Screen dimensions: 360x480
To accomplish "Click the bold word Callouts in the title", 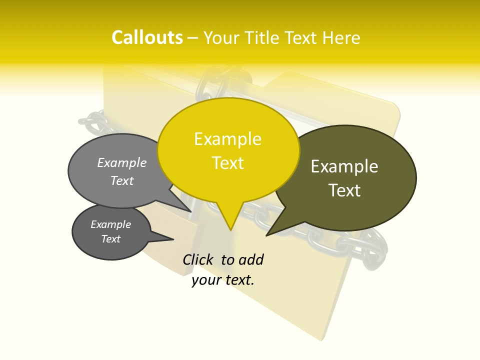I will pyautogui.click(x=147, y=37).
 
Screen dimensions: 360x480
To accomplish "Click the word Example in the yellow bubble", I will pyautogui.click(x=227, y=139).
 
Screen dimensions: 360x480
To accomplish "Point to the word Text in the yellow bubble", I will pyautogui.click(x=228, y=163).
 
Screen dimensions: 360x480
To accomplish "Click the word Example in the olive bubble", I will pyautogui.click(x=344, y=166).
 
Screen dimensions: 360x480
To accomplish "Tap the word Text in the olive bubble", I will pyautogui.click(x=344, y=190).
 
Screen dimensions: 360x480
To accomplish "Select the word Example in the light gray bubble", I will pyautogui.click(x=122, y=163).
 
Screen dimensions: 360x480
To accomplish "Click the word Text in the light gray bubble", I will pyautogui.click(x=122, y=181).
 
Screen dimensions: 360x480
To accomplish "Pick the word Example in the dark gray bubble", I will pyautogui.click(x=110, y=224).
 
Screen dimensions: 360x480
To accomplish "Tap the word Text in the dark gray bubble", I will pyautogui.click(x=110, y=239).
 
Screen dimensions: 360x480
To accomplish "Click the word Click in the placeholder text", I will pyautogui.click(x=198, y=259).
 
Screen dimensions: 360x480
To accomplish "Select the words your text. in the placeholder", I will pyautogui.click(x=223, y=280).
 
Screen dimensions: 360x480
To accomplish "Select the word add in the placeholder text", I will pyautogui.click(x=251, y=259).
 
